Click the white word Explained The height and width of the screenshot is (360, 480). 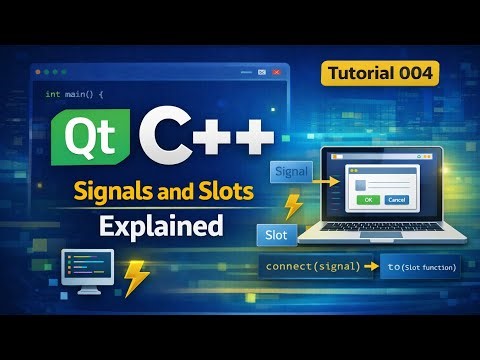160,226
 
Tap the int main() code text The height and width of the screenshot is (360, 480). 74,94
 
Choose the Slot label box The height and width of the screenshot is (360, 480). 276,237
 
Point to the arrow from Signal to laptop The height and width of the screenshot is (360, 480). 325,182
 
